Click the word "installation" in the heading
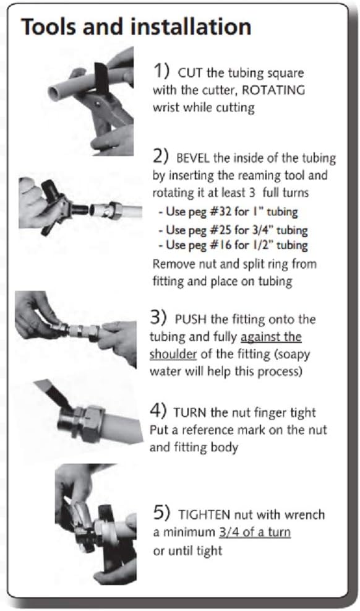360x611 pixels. (x=191, y=27)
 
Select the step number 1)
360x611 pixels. (x=161, y=71)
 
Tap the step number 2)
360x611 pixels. (x=161, y=156)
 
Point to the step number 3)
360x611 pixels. (x=158, y=317)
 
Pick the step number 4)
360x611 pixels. (x=158, y=410)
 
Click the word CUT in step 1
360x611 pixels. (x=191, y=73)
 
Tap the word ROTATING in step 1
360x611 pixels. (x=273, y=90)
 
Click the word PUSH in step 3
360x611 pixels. (x=191, y=319)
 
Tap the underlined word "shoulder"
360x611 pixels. (x=173, y=354)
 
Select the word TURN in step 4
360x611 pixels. (x=190, y=412)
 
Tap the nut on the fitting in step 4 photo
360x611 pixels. (x=90, y=424)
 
